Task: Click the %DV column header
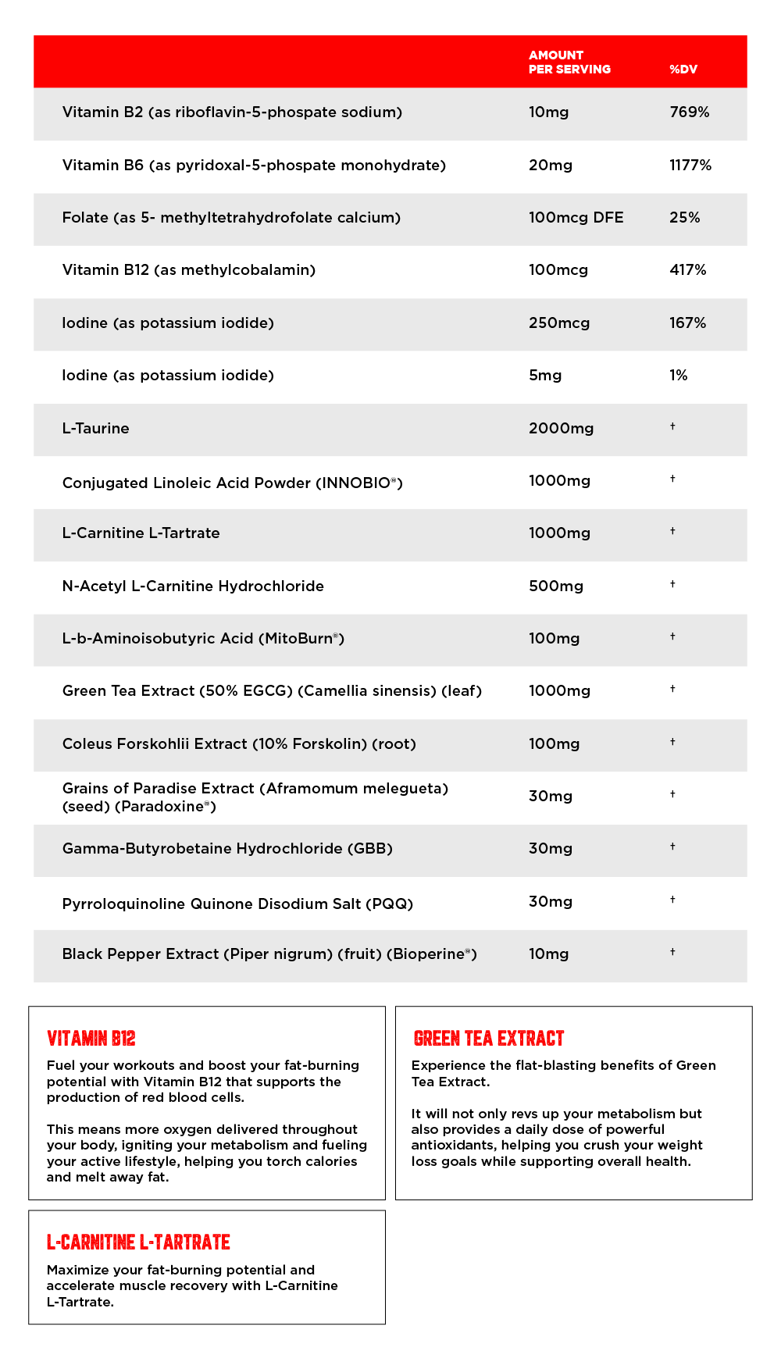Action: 683,70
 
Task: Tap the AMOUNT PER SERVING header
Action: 569,62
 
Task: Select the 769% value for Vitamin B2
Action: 689,112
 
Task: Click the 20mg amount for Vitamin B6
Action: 550,166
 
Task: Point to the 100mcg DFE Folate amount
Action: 576,218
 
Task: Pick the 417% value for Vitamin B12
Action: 687,270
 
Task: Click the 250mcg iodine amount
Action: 558,323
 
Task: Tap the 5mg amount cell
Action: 544,376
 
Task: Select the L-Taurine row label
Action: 95,429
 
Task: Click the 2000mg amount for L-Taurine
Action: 561,429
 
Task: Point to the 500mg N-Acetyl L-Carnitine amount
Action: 555,586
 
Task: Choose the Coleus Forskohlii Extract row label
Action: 238,744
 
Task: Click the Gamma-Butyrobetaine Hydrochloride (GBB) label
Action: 227,849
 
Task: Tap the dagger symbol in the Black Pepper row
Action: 672,952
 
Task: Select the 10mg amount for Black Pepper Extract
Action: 548,954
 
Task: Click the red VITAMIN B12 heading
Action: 91,1039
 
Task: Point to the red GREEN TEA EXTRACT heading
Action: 488,1039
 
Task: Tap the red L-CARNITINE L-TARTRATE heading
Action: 138,1242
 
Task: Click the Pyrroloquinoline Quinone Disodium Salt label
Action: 237,904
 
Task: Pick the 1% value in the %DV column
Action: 678,376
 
